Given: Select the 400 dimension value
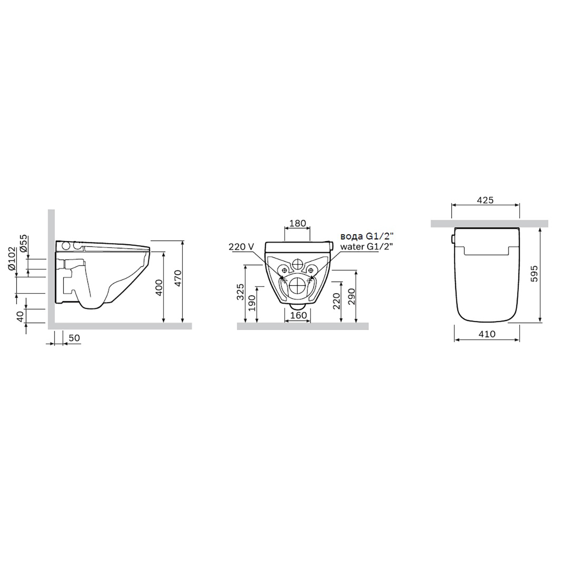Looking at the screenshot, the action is click(x=159, y=287).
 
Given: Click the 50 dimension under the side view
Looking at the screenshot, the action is click(x=74, y=338).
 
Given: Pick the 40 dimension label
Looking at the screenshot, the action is click(x=20, y=316).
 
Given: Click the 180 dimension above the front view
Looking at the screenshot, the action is click(x=297, y=224).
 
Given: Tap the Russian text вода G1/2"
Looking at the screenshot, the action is click(x=369, y=236).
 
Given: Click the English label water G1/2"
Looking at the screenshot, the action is click(x=367, y=247).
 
